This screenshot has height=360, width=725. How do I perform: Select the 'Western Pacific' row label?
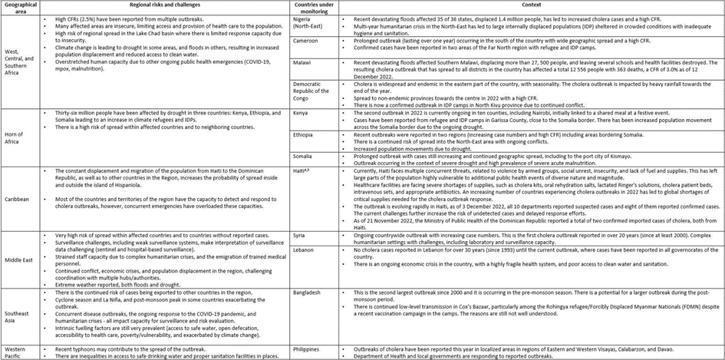click(18, 352)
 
